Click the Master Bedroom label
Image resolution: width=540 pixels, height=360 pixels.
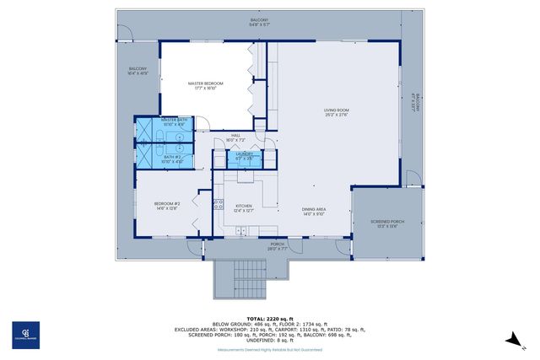(x=205, y=84)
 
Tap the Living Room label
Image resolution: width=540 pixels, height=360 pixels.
(x=336, y=112)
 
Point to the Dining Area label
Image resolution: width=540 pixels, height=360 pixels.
(x=314, y=212)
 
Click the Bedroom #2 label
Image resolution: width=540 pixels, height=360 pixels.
(x=167, y=206)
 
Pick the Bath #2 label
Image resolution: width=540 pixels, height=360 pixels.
(x=172, y=158)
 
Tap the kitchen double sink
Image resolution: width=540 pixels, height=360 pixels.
(x=246, y=177)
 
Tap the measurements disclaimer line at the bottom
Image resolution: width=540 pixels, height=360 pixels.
(x=269, y=348)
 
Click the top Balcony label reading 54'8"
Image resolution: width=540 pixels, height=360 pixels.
(x=260, y=22)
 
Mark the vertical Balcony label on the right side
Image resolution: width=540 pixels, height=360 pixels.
(x=413, y=101)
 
